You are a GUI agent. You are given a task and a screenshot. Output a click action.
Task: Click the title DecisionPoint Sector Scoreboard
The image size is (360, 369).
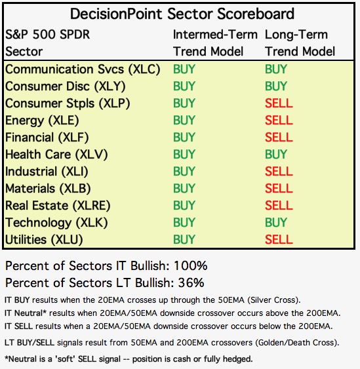[182, 14]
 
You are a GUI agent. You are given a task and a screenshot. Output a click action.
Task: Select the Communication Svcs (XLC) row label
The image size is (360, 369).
[83, 69]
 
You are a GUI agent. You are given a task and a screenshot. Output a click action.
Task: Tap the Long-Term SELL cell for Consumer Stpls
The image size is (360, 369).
[279, 103]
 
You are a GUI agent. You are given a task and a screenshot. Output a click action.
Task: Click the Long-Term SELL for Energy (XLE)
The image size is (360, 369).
[279, 120]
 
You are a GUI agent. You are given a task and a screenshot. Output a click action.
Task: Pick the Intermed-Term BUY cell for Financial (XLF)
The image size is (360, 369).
[184, 137]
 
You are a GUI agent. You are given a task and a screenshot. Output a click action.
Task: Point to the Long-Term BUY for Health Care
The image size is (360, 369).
[276, 155]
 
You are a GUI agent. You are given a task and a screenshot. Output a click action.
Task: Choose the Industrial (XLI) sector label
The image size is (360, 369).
[47, 172]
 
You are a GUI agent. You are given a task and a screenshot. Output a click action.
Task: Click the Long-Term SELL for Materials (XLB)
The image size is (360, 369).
[279, 188]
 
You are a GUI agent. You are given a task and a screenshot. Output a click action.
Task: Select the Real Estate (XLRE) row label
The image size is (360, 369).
[58, 205]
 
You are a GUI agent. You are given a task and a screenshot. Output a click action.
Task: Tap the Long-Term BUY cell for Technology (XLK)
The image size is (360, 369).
[276, 222]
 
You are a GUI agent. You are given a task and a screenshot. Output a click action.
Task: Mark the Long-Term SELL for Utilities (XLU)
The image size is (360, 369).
[279, 240]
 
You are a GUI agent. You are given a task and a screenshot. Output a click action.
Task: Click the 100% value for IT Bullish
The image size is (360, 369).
[191, 265]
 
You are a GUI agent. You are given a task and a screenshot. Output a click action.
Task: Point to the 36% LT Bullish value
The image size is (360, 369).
[191, 282]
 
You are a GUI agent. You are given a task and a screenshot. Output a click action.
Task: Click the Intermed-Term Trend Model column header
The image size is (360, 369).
[215, 43]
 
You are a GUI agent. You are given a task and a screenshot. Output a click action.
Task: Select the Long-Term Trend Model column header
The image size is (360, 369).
[300, 43]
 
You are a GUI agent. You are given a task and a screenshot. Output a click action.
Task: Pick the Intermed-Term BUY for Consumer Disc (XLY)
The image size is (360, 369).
[184, 86]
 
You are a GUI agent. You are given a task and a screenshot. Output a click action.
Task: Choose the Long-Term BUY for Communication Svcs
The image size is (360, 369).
[276, 69]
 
